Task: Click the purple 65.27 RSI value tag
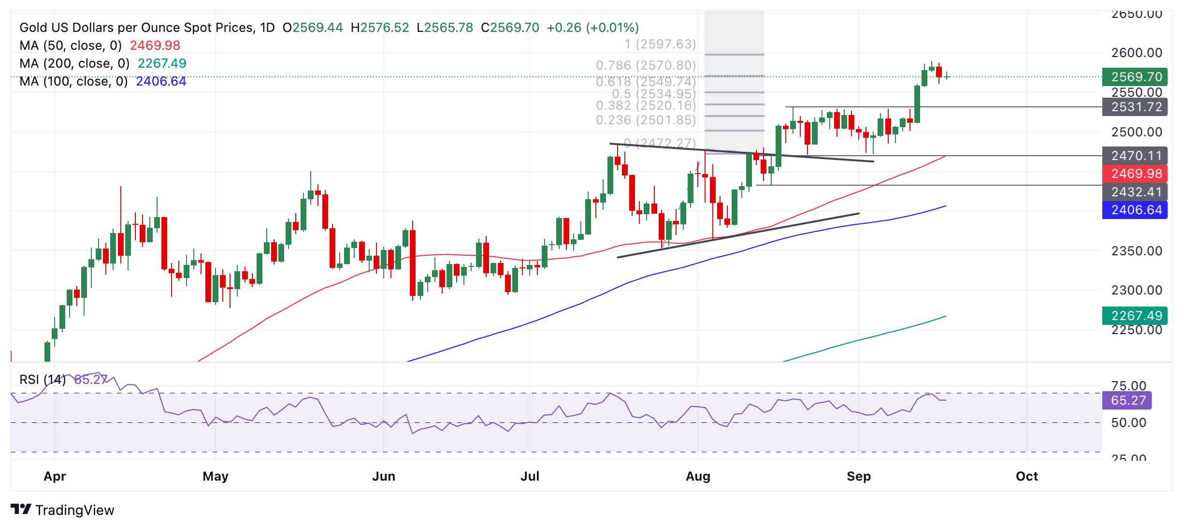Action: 1127,400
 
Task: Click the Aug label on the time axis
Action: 698,476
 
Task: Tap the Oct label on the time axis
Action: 1026,476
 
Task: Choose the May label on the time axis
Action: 216,476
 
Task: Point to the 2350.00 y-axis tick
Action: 1137,251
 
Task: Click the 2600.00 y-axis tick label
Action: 1137,53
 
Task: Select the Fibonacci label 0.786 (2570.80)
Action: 646,65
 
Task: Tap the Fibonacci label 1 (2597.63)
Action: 660,44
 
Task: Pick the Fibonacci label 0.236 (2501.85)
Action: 646,120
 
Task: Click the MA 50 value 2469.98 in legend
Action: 155,45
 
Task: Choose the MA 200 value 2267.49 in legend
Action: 162,63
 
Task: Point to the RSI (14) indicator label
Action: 43,380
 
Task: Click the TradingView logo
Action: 62,510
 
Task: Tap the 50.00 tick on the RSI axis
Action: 1128,423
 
